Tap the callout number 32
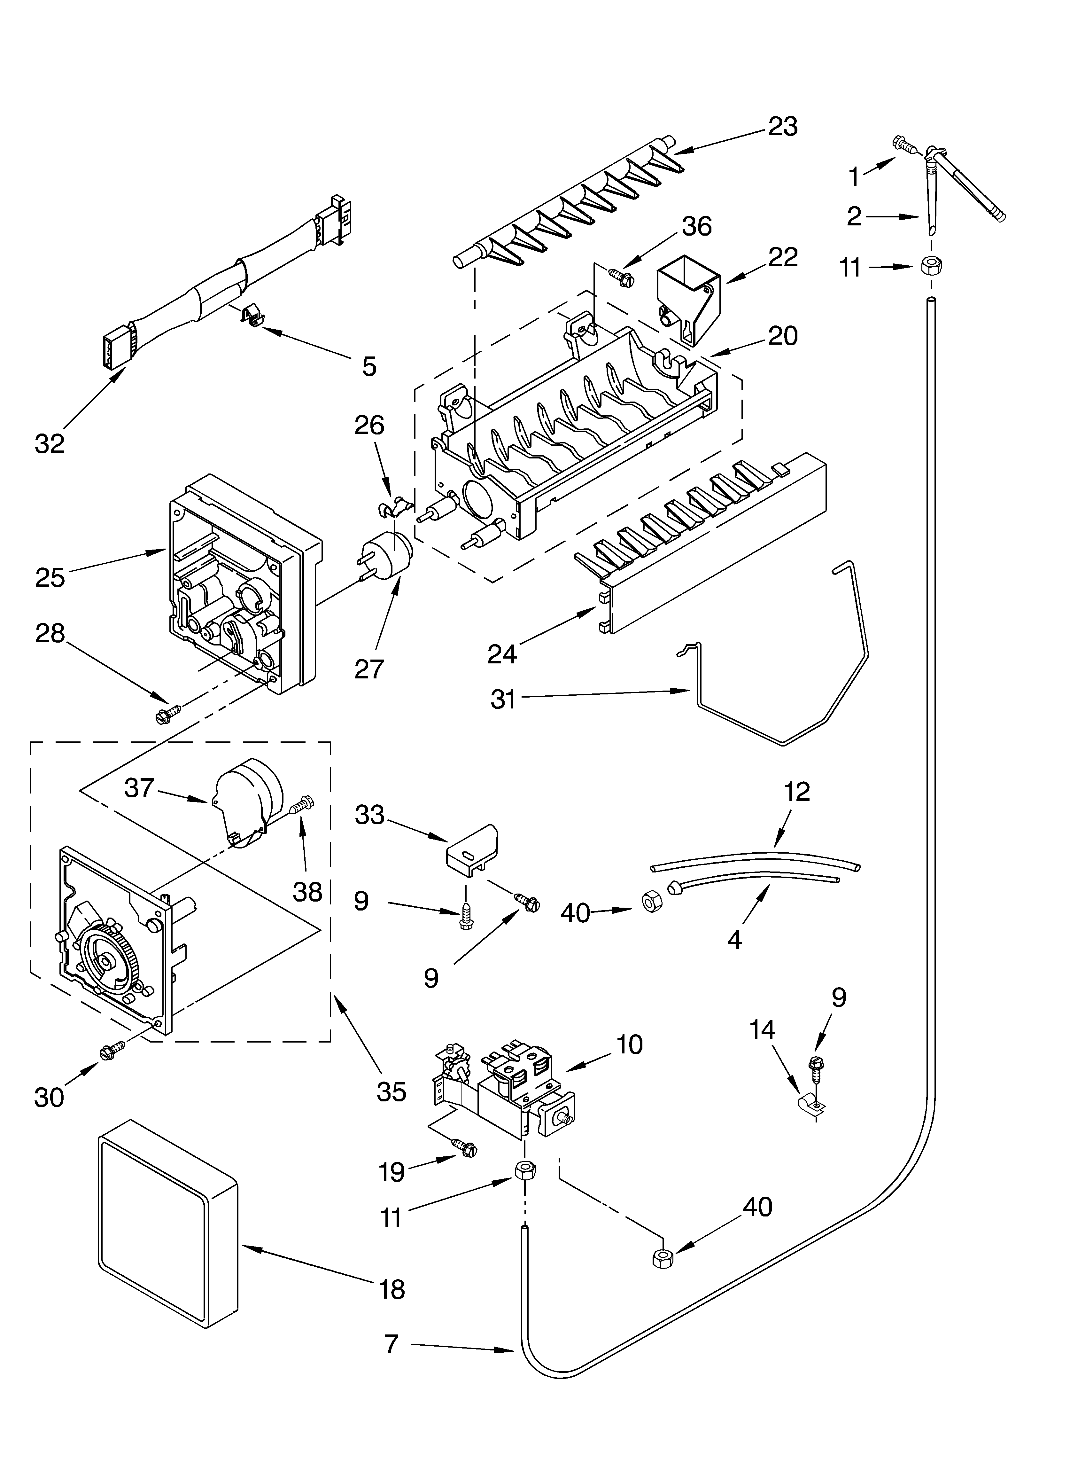(x=50, y=443)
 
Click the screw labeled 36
(x=620, y=276)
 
